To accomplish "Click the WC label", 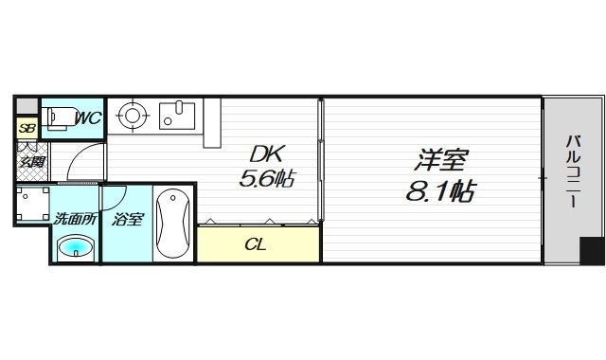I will point(88,117).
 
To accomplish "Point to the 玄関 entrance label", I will point(28,162).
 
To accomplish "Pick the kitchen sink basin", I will point(176,117).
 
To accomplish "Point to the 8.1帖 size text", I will point(438,190).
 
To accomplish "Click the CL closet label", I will point(256,244).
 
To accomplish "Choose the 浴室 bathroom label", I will point(126,220).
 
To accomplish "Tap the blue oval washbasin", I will point(76,249).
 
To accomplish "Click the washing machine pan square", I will point(33,204).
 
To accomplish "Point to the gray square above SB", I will point(27,104).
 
